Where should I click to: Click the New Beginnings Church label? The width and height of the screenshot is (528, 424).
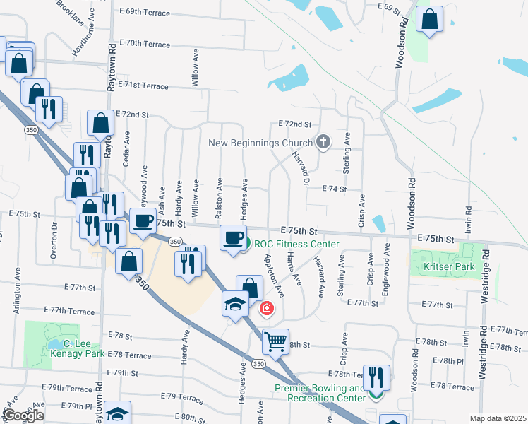click(x=260, y=143)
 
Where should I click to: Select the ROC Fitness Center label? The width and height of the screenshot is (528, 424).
click(x=297, y=245)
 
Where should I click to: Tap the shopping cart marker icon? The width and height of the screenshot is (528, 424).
click(x=275, y=341)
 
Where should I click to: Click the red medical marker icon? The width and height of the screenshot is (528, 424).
click(x=267, y=307)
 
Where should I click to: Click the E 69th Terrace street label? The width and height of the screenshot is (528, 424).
click(x=145, y=12)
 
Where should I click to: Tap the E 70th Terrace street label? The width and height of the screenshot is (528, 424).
click(x=145, y=44)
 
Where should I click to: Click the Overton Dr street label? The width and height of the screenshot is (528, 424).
click(x=54, y=241)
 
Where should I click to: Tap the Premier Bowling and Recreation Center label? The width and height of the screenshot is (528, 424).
click(x=321, y=393)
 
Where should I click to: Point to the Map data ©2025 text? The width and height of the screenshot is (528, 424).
click(x=498, y=418)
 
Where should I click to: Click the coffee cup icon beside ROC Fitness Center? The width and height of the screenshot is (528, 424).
click(x=233, y=237)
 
